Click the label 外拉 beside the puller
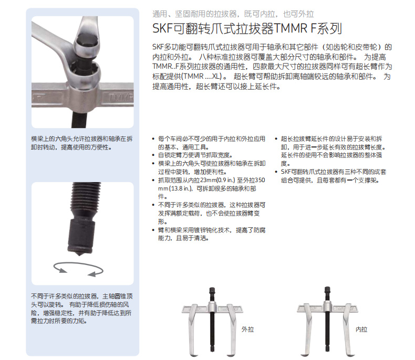pyautogui.click(x=247, y=330)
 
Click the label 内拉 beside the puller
pyautogui.click(x=361, y=330)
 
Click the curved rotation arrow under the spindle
pyautogui.click(x=78, y=269)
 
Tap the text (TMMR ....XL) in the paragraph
pyautogui.click(x=203, y=77)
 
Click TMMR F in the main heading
pyautogui.click(x=295, y=28)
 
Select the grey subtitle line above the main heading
pyautogui.click(x=233, y=14)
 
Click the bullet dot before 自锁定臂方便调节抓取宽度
pyautogui.click(x=153, y=155)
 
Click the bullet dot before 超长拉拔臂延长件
pyautogui.click(x=276, y=139)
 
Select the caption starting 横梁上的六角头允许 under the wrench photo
pyautogui.click(x=82, y=143)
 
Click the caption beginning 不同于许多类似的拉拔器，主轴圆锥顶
pyautogui.click(x=81, y=309)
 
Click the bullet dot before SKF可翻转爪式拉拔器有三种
pyautogui.click(x=276, y=172)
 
